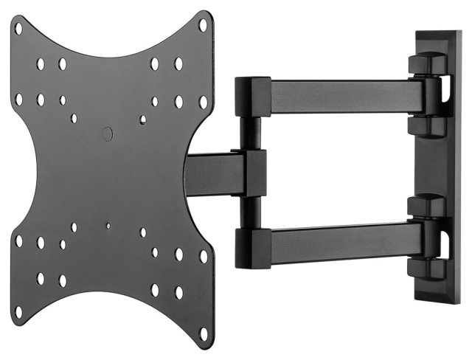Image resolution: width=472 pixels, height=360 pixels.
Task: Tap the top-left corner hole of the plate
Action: pyautogui.click(x=18, y=29)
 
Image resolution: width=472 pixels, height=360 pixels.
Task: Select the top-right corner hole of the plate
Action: pyautogui.click(x=204, y=24)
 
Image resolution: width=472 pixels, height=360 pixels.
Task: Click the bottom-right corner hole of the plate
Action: pyautogui.click(x=204, y=333)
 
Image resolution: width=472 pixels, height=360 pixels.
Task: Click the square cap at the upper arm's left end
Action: pyautogui.click(x=247, y=96)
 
